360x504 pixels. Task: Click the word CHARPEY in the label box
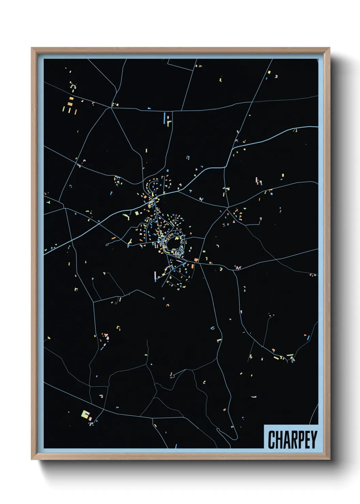(x=292, y=439)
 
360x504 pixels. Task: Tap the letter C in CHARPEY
(x=272, y=440)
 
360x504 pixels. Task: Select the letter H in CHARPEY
(x=279, y=440)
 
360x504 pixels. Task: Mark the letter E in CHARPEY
(x=308, y=440)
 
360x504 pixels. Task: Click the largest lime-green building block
(x=85, y=414)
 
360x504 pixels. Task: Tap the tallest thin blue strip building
(x=164, y=118)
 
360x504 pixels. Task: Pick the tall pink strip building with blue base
(x=155, y=275)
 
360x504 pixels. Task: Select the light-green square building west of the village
(x=137, y=213)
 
